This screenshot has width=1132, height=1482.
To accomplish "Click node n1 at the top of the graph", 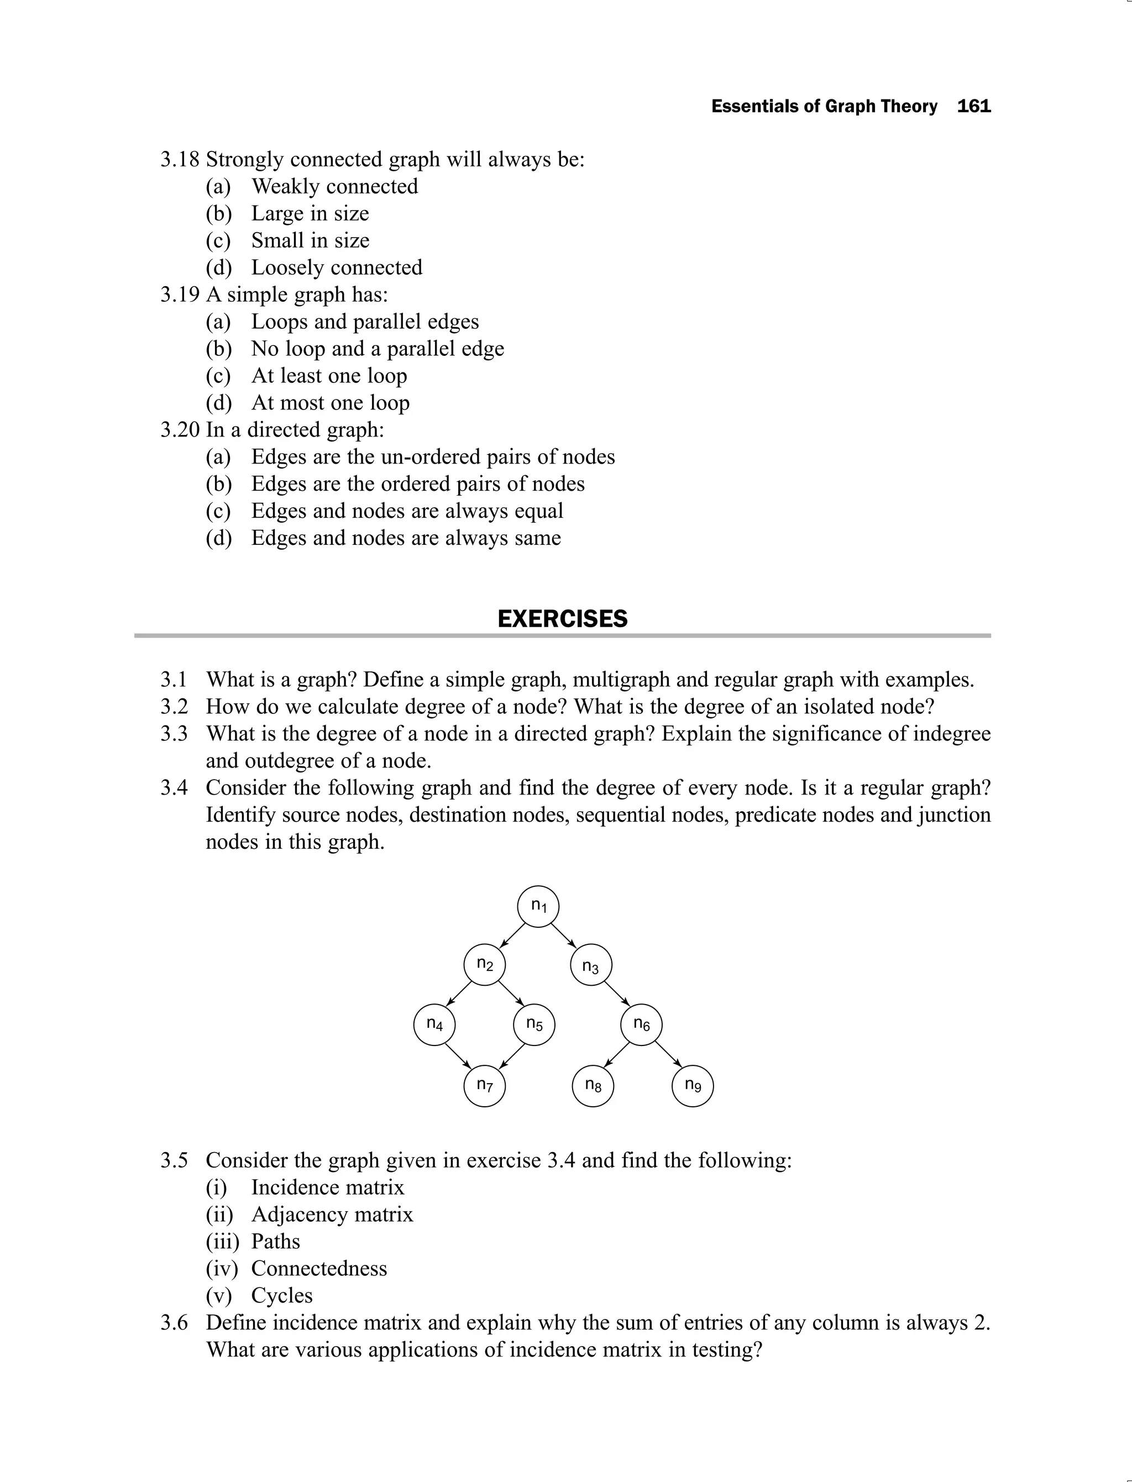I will pyautogui.click(x=538, y=906).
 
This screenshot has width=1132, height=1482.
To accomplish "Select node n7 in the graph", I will pyautogui.click(x=484, y=1085).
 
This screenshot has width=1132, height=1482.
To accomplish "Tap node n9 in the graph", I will pyautogui.click(x=693, y=1085).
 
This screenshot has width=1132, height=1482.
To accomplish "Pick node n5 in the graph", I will pyautogui.click(x=533, y=1024).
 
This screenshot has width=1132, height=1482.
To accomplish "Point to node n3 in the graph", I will pyautogui.click(x=590, y=965).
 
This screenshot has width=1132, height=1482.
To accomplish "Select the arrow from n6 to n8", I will pyautogui.click(x=616, y=1055).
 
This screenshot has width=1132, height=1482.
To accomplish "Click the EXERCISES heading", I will pyautogui.click(x=562, y=618).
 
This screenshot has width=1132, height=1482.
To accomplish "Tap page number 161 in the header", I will pyautogui.click(x=974, y=107).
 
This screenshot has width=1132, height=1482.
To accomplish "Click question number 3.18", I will pyautogui.click(x=179, y=160).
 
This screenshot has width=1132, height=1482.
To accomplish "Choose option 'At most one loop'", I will pyautogui.click(x=330, y=403).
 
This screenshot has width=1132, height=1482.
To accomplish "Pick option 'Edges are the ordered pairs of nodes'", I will pyautogui.click(x=418, y=484).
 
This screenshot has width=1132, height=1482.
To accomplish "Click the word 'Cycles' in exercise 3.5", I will pyautogui.click(x=282, y=1295).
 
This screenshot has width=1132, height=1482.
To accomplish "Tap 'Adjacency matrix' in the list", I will pyautogui.click(x=332, y=1214).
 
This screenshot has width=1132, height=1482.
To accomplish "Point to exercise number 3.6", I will pyautogui.click(x=174, y=1322).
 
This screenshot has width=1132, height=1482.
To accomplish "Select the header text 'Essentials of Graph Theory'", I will pyautogui.click(x=824, y=107).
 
